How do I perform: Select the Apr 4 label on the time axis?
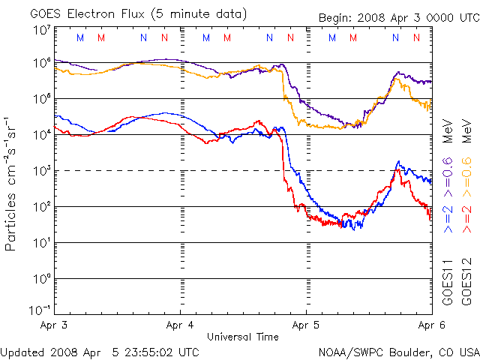pyautogui.click(x=180, y=325)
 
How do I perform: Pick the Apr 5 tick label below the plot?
pyautogui.click(x=306, y=325)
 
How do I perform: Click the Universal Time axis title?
pyautogui.click(x=243, y=337)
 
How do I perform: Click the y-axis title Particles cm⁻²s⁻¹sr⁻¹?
pyautogui.click(x=13, y=183)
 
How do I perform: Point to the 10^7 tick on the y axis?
pyautogui.click(x=40, y=29)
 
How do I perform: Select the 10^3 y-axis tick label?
pyautogui.click(x=40, y=170)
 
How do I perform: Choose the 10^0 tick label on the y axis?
pyautogui.click(x=40, y=278)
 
